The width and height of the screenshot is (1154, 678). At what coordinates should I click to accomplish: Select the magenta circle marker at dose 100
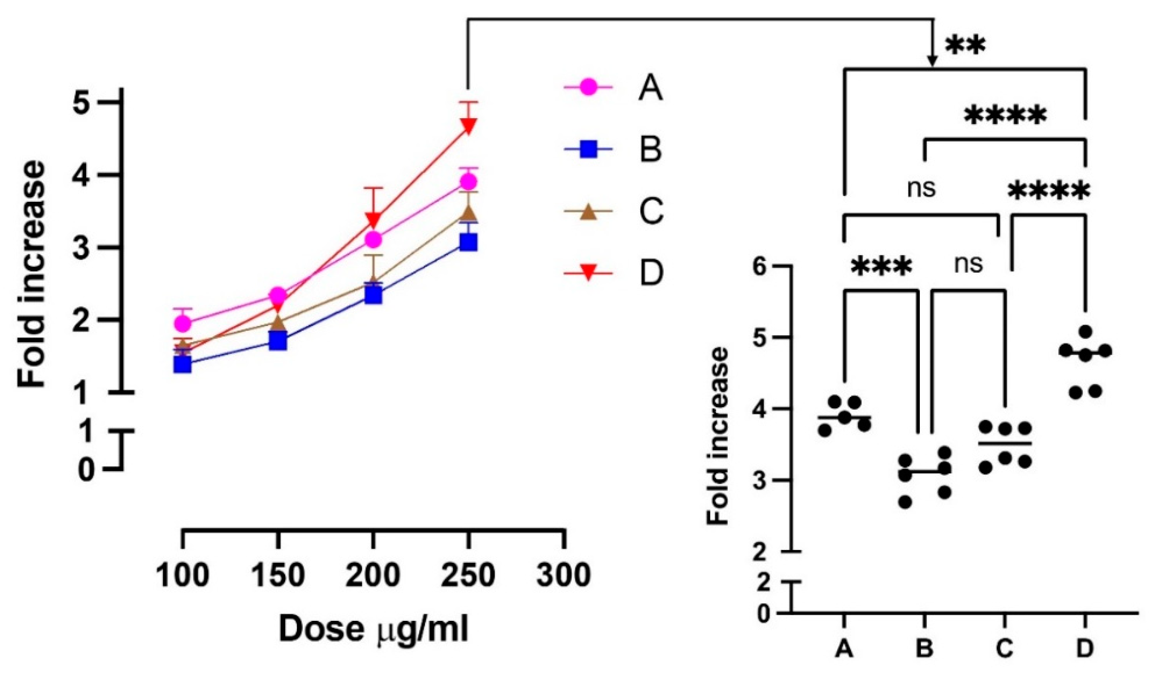point(183,324)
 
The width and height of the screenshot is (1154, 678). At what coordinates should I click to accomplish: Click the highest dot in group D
point(1085,331)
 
